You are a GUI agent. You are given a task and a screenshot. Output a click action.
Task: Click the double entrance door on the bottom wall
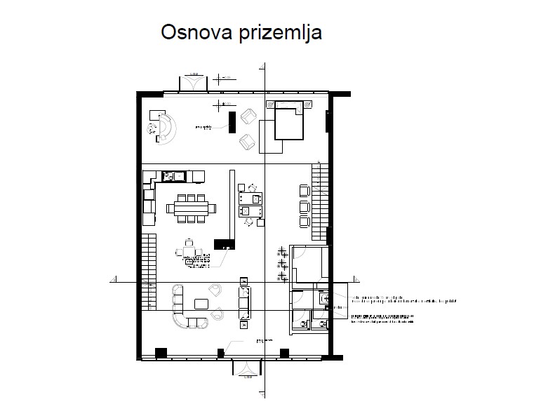click(246, 367)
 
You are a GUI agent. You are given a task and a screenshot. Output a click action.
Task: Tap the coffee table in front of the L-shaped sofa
click(201, 303)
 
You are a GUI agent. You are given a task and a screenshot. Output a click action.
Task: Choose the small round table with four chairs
click(189, 252)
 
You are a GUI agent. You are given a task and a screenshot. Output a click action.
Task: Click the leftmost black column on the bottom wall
click(160, 352)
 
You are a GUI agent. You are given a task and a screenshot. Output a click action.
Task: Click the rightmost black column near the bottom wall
click(284, 352)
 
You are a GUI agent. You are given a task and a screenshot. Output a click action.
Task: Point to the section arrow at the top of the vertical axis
click(265, 67)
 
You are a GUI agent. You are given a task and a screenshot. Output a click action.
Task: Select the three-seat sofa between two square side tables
click(244, 302)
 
